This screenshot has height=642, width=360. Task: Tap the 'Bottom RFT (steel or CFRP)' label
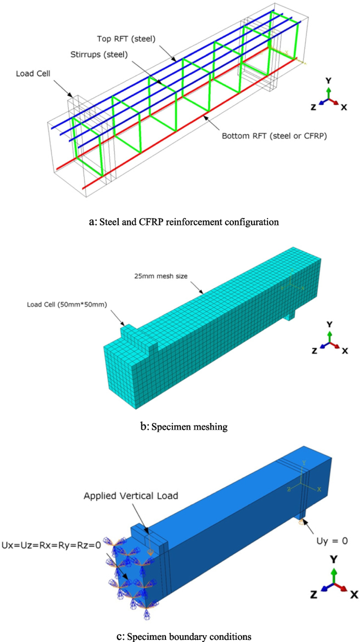pos(268,136)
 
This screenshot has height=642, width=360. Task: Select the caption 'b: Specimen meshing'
pos(180,427)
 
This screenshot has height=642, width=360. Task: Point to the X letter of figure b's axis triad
pos(345,350)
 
